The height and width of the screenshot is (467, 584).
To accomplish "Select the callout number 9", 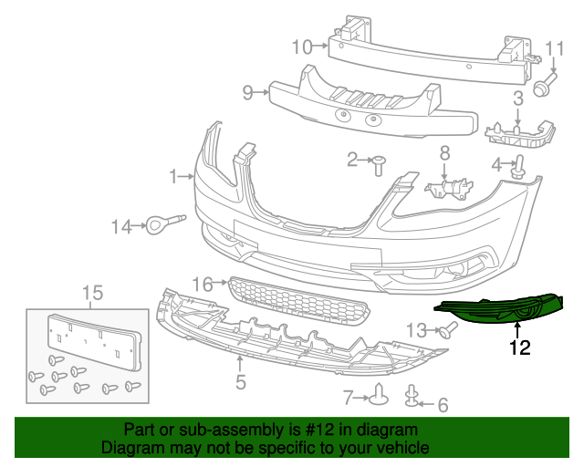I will click(247, 91).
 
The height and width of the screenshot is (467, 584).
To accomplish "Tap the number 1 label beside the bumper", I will click(172, 174).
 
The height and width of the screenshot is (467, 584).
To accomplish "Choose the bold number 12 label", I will click(519, 347).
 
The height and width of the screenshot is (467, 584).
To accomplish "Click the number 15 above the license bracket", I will click(93, 293).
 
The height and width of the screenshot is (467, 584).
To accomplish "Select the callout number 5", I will click(240, 382).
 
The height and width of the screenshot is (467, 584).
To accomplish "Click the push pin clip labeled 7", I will click(381, 396).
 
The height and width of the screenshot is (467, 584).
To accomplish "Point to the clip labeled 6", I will click(413, 394).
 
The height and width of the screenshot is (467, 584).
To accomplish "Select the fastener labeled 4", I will click(521, 166).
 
